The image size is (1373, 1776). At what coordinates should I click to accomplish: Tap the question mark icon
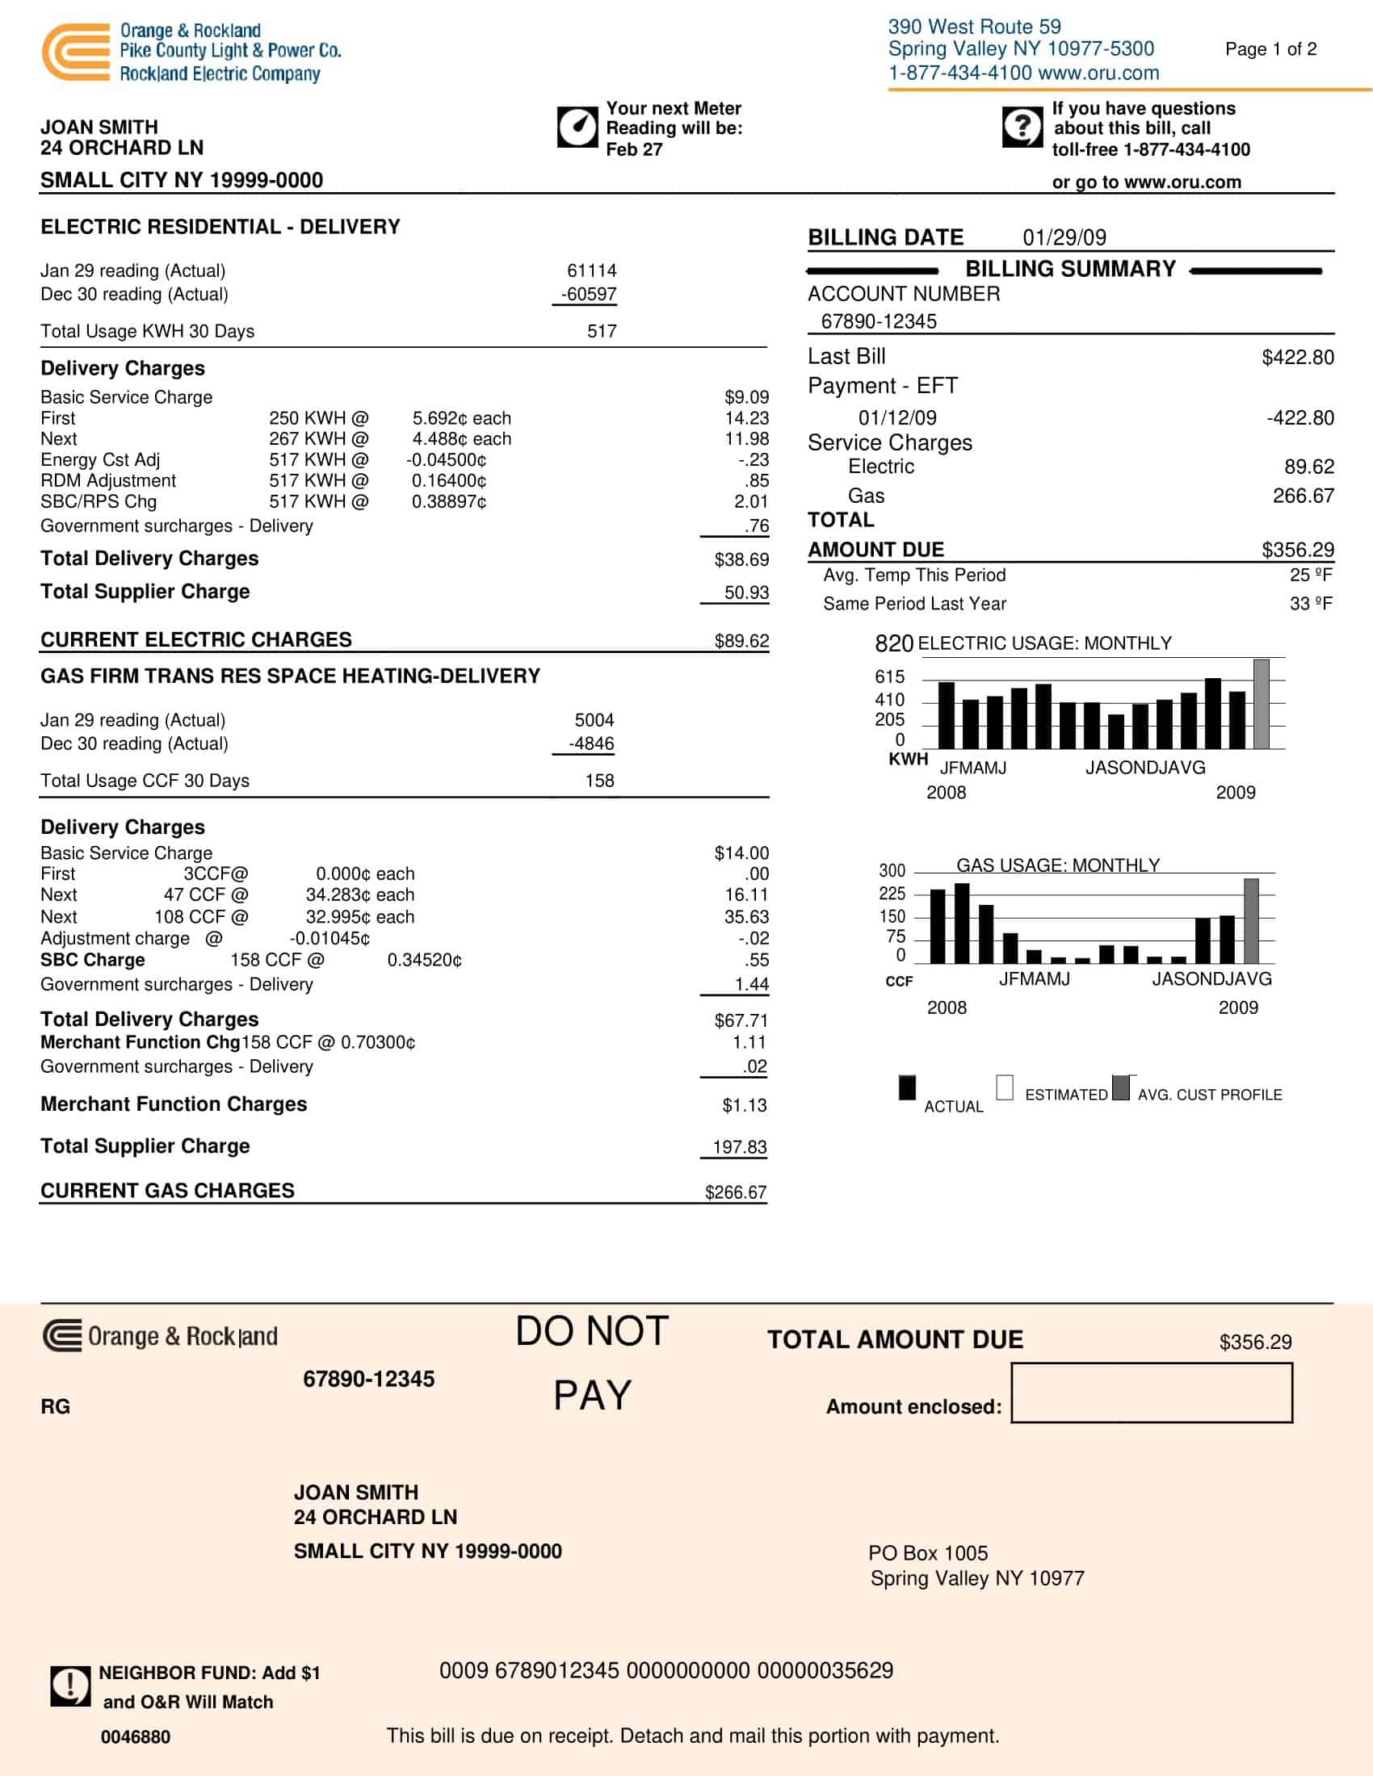[1022, 126]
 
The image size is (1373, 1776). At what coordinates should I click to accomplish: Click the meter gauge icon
[577, 127]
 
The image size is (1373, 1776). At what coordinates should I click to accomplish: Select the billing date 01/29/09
[1064, 237]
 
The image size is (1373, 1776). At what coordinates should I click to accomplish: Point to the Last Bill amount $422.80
[1296, 357]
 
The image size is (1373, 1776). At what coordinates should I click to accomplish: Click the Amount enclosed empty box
[1151, 1393]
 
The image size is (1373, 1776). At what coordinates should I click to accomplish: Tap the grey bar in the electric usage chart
[1261, 703]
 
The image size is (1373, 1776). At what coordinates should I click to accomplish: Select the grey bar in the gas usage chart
[1251, 920]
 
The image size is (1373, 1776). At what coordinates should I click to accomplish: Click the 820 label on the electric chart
[893, 644]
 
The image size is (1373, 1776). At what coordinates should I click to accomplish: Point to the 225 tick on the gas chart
[892, 894]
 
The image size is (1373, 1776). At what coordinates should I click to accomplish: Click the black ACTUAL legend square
[907, 1087]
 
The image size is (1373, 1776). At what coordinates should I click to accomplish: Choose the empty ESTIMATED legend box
[1005, 1087]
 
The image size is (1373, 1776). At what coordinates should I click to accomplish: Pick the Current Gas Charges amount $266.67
[735, 1192]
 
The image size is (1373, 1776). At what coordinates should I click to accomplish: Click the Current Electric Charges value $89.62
[741, 641]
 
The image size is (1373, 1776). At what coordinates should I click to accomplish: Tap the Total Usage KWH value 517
[601, 331]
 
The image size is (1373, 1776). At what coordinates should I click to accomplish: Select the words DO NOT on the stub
[592, 1332]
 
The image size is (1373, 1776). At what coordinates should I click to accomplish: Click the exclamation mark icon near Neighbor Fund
[70, 1686]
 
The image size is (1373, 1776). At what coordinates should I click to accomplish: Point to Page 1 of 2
[1270, 49]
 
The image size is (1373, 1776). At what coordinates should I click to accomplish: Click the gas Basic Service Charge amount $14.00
[741, 853]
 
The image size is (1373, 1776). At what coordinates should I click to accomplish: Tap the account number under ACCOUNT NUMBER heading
[879, 321]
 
